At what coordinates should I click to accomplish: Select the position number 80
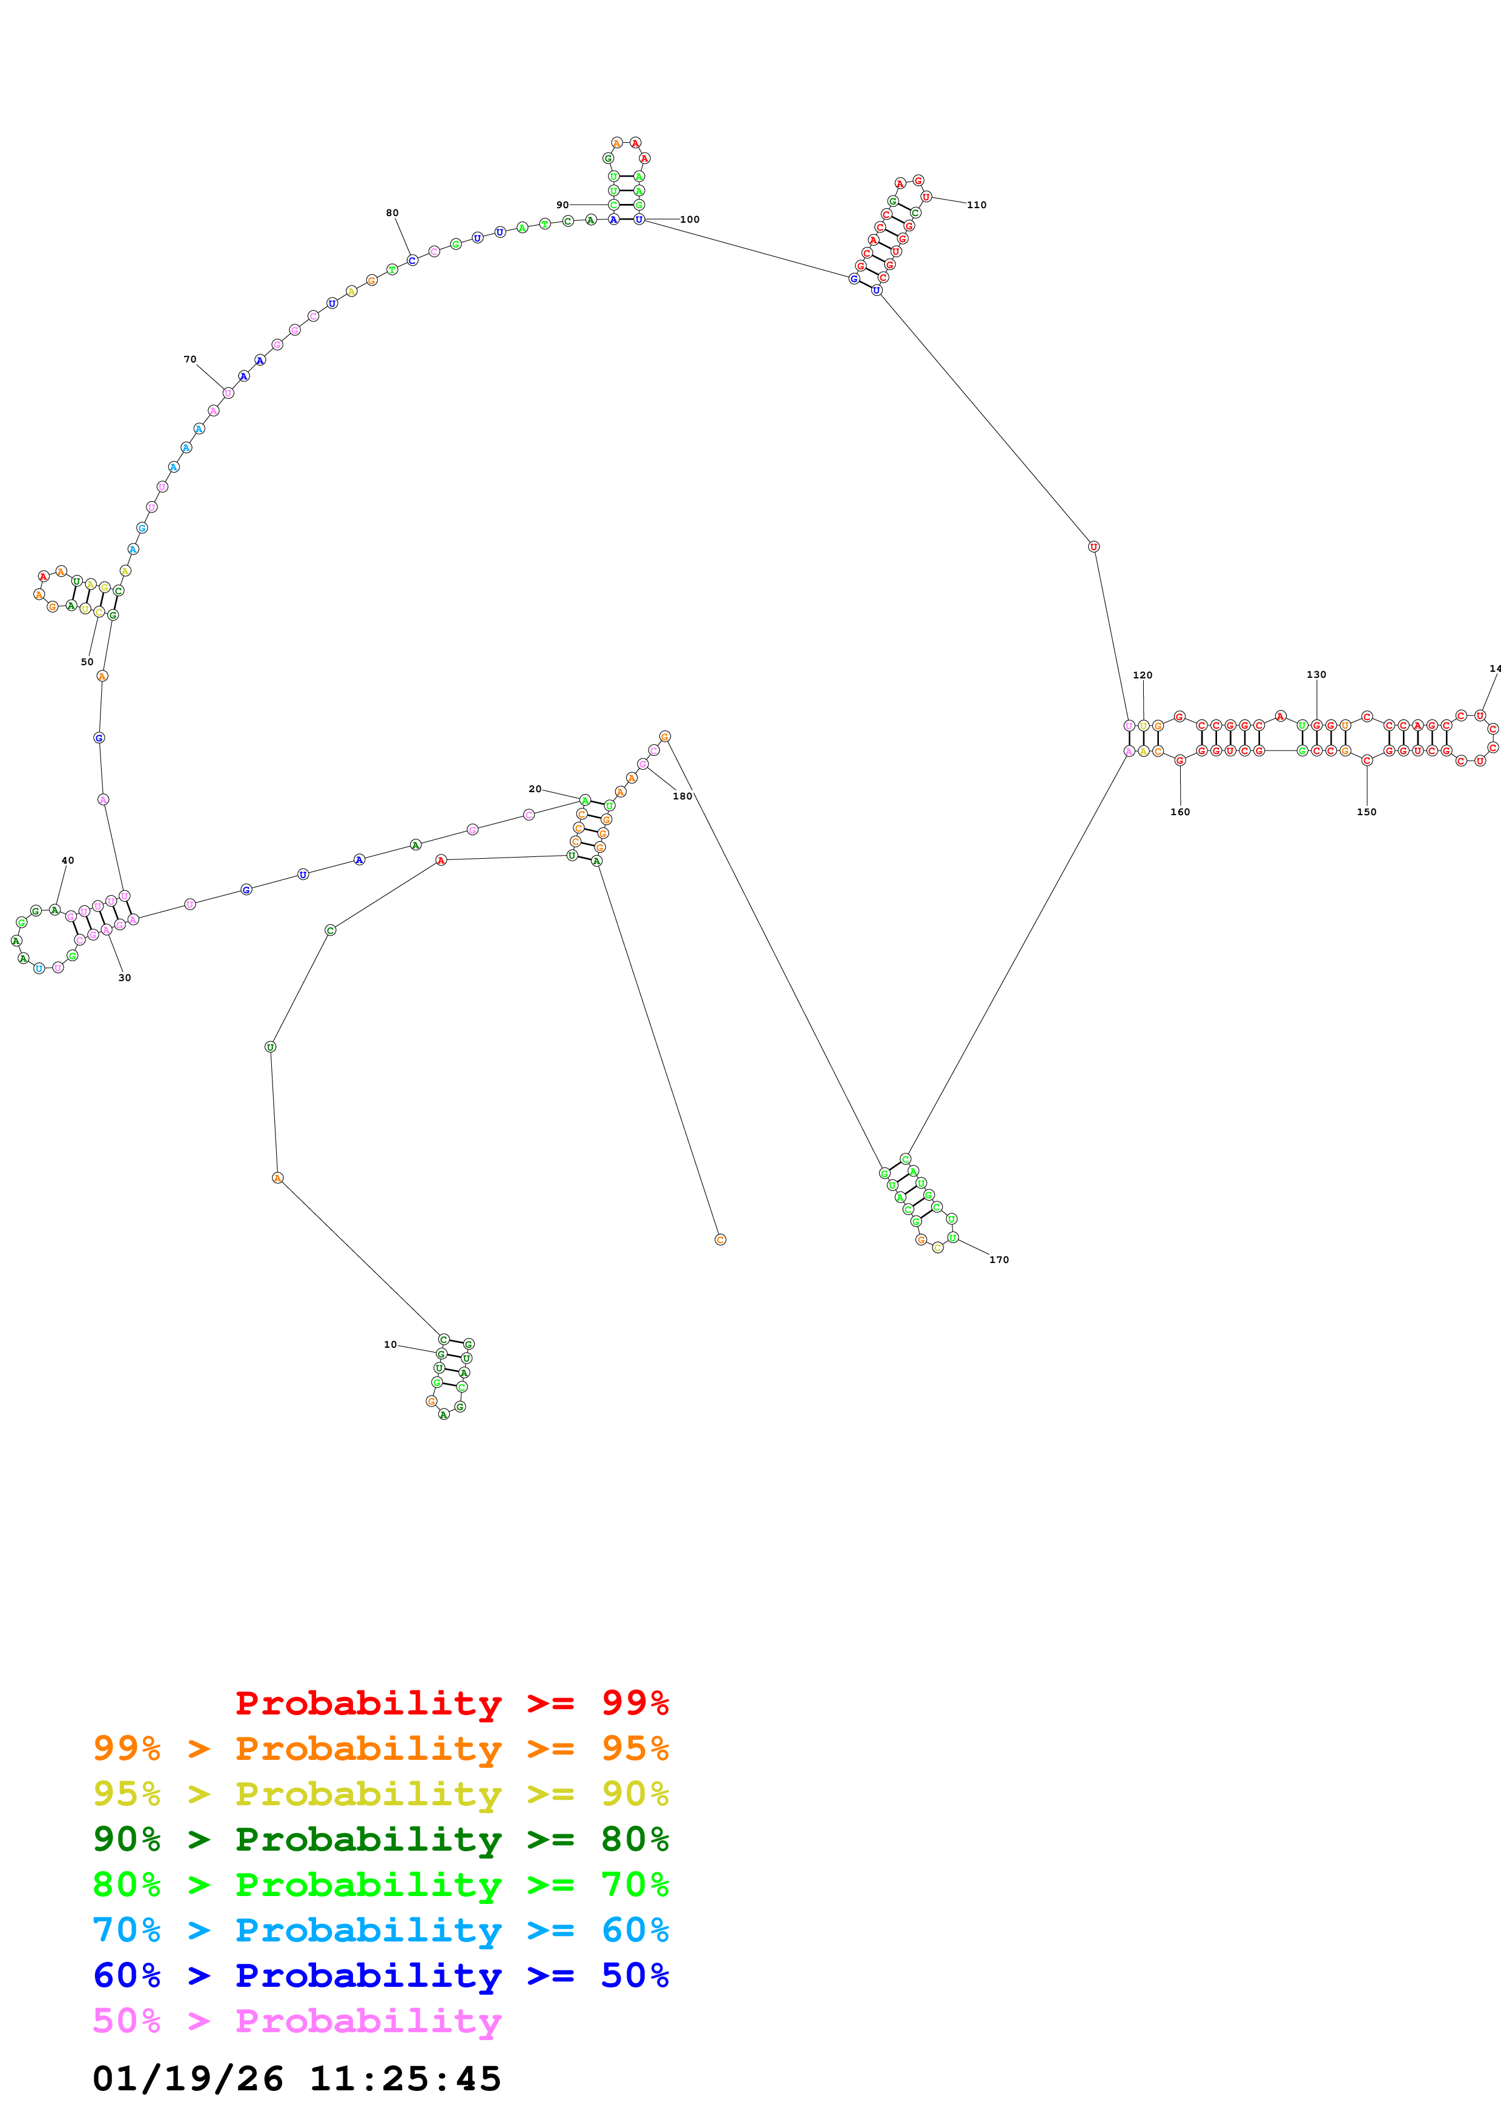[392, 212]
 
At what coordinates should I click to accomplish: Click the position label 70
[190, 359]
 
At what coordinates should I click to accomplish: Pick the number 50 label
[87, 662]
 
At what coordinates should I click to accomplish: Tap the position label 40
[68, 860]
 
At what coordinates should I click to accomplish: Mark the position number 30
[125, 977]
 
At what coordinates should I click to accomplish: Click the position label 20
[535, 789]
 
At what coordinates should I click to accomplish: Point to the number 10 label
[391, 1345]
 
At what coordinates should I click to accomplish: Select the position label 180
[682, 796]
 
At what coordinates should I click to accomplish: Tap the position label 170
[999, 1259]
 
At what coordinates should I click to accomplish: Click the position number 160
[1180, 812]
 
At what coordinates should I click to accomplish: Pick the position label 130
[1316, 675]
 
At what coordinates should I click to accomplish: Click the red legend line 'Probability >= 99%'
[451, 1703]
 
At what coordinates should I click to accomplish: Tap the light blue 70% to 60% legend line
[380, 1930]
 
